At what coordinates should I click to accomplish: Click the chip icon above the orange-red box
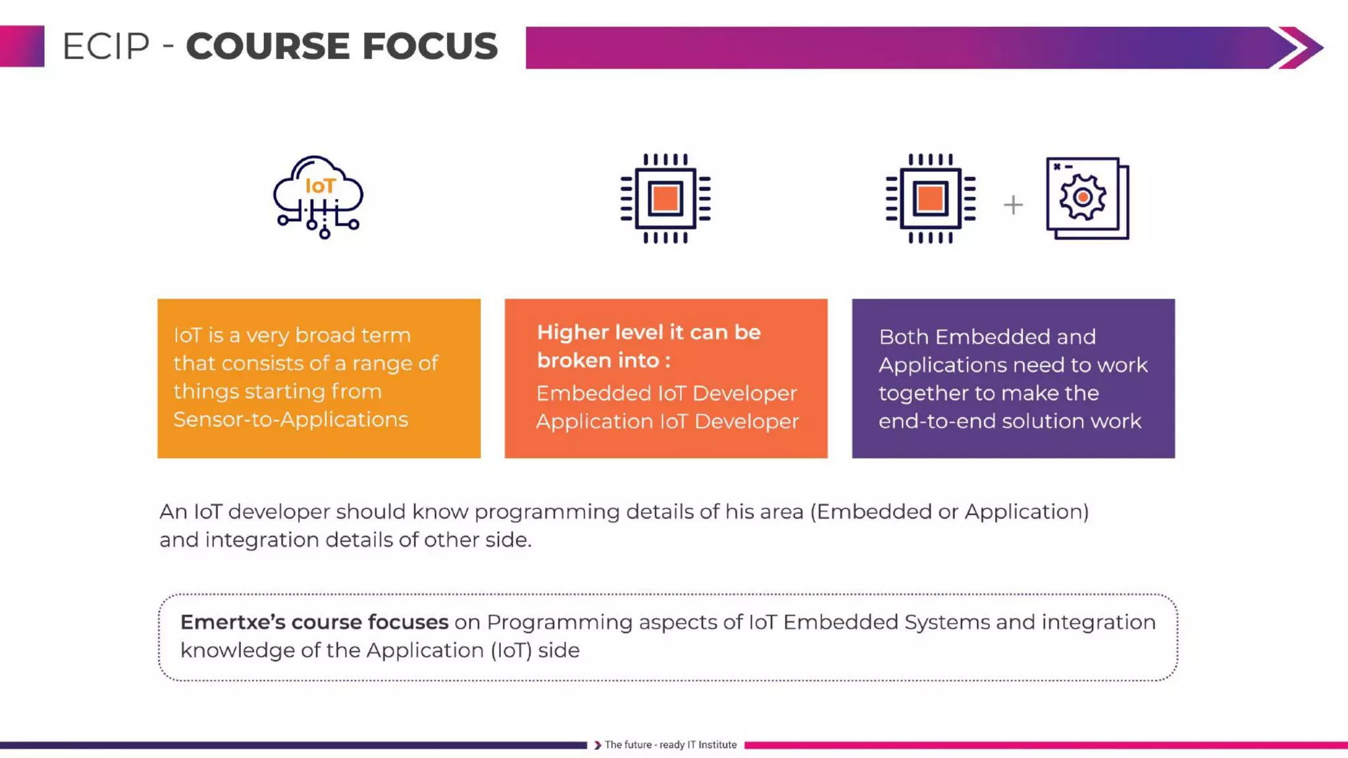point(665,198)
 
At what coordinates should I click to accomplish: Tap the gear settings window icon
point(1087,198)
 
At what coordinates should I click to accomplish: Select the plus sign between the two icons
point(1013,205)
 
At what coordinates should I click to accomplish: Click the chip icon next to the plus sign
point(930,198)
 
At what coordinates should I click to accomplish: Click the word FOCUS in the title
point(430,47)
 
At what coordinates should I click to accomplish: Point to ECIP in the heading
point(106,47)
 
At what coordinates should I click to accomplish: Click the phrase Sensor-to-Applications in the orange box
point(290,419)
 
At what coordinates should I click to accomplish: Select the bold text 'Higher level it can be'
point(648,332)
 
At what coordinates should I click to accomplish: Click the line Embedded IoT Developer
point(666,393)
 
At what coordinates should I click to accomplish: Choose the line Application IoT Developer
point(667,421)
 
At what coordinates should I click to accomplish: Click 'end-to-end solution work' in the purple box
point(1010,421)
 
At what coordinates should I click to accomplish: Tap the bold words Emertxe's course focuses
point(314,622)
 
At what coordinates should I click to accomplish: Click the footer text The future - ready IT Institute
point(670,745)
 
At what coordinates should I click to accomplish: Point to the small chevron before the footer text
point(597,745)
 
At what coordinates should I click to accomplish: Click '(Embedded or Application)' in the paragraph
point(949,511)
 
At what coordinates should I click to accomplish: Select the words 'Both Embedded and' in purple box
point(987,337)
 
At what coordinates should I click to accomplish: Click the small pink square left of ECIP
point(22,46)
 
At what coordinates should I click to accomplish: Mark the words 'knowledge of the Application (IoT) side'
point(380,650)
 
